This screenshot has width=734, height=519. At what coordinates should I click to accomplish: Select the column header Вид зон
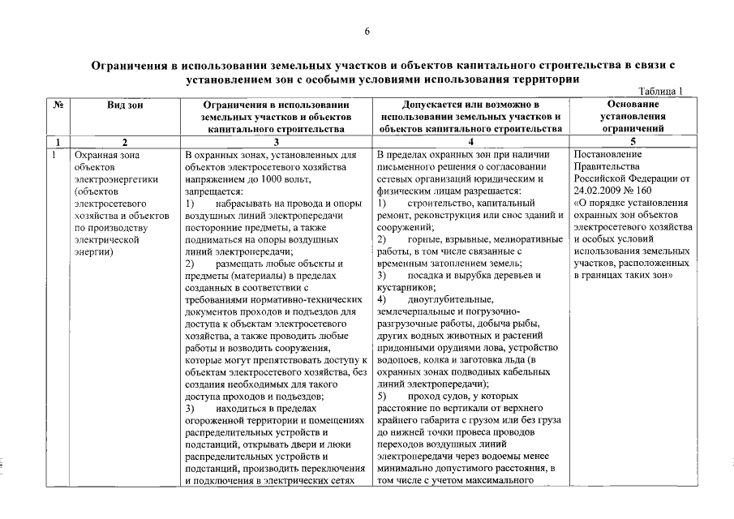coord(125,105)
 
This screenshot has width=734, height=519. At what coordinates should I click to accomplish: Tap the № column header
coord(58,105)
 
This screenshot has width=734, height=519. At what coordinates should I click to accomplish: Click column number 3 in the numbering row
coord(277,142)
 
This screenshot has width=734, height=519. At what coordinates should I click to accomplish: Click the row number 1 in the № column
coord(54,154)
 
